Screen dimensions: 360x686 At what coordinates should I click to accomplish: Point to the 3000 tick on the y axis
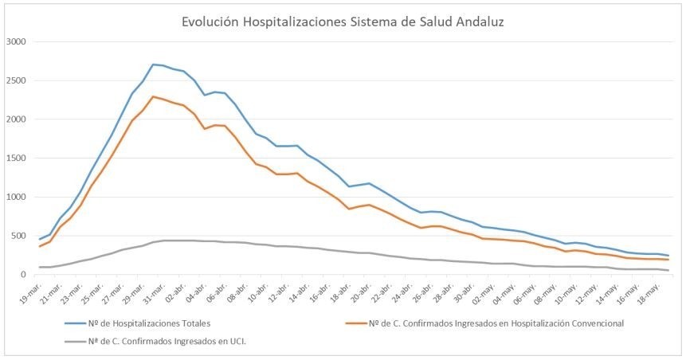point(16,41)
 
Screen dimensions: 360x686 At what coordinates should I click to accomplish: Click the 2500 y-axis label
point(16,80)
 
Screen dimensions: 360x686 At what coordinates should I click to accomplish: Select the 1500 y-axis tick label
point(16,158)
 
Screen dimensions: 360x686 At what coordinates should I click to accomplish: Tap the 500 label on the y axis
point(18,236)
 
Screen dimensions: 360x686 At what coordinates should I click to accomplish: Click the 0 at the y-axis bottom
point(24,275)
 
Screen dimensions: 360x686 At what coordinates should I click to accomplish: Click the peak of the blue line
point(153,65)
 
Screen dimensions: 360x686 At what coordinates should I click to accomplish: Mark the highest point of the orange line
point(153,96)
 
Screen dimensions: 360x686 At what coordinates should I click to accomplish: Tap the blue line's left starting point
point(39,239)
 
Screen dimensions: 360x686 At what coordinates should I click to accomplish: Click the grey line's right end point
point(668,271)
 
